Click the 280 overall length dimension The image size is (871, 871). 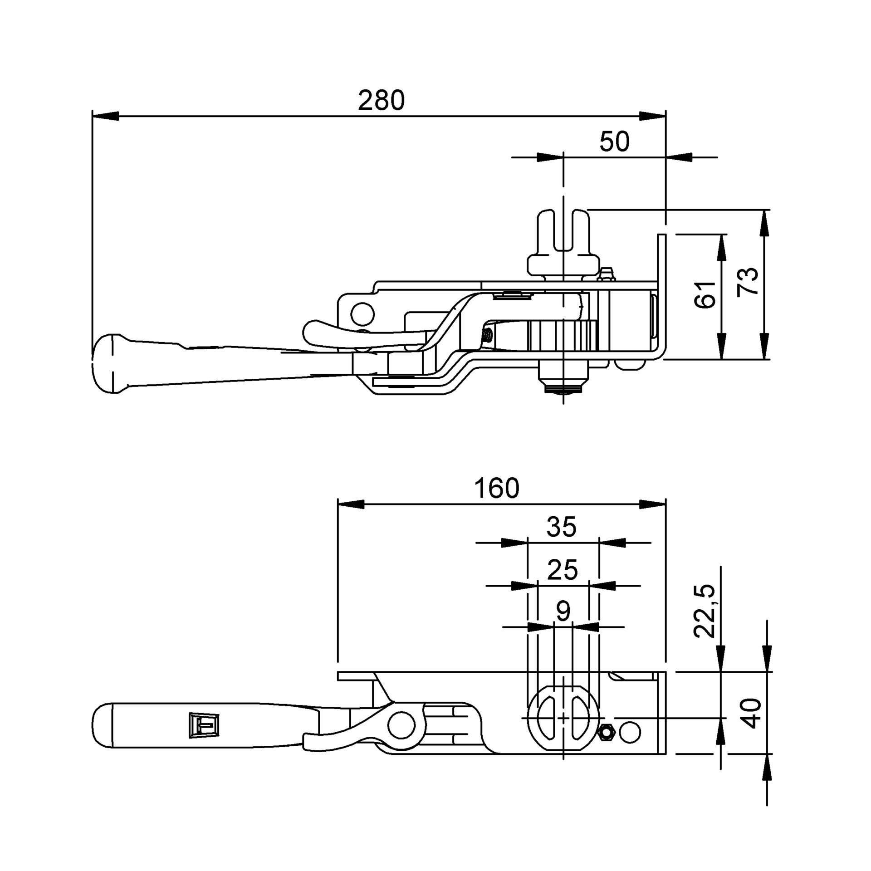coord(381,101)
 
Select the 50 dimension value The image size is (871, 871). coord(614,142)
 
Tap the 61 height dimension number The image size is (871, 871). coord(705,295)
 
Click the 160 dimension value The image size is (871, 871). coord(496,489)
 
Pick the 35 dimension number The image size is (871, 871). coord(561,527)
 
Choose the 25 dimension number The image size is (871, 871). coord(562,570)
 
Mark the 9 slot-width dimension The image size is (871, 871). coord(563,612)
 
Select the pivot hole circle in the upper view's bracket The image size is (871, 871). coord(362,313)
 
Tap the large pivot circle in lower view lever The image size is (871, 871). coord(402,726)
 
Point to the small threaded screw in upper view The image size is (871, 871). coord(488,336)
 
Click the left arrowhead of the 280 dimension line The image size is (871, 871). coord(105,116)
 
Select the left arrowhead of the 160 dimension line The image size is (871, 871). coord(351,504)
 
